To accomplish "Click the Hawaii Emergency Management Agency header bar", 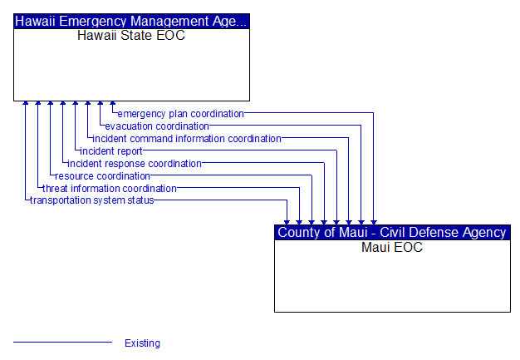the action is [131, 22].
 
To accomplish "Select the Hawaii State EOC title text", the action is [131, 36].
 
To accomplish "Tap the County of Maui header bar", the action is [392, 232].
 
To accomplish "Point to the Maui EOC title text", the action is [392, 247].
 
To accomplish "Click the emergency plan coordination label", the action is [181, 114].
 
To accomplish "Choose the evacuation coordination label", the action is [157, 126].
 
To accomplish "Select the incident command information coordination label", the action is [187, 139].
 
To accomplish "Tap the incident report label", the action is [111, 151].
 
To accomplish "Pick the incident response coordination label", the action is [135, 164].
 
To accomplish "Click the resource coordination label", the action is [102, 176].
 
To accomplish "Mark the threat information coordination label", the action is [110, 189].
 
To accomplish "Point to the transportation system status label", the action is [92, 200].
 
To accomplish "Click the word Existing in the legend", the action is [142, 343].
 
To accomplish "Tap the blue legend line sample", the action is [62, 342].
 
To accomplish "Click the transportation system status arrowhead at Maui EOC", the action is [287, 223].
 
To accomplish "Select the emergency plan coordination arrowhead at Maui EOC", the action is [374, 223].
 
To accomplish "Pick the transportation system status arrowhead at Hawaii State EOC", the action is [26, 104].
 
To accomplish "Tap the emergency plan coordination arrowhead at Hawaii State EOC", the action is [113, 104].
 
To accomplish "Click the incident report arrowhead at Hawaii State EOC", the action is [76, 104].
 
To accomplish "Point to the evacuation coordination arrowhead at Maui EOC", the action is [361, 223].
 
